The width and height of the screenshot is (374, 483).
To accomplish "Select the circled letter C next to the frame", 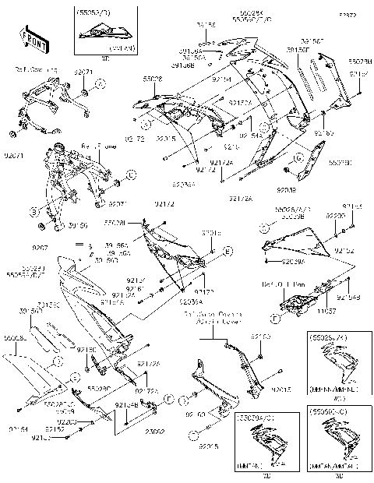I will (x=131, y=175).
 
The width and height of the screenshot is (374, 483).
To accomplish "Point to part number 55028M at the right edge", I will (x=360, y=60).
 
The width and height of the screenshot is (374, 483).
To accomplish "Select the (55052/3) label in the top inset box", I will (x=93, y=13).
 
